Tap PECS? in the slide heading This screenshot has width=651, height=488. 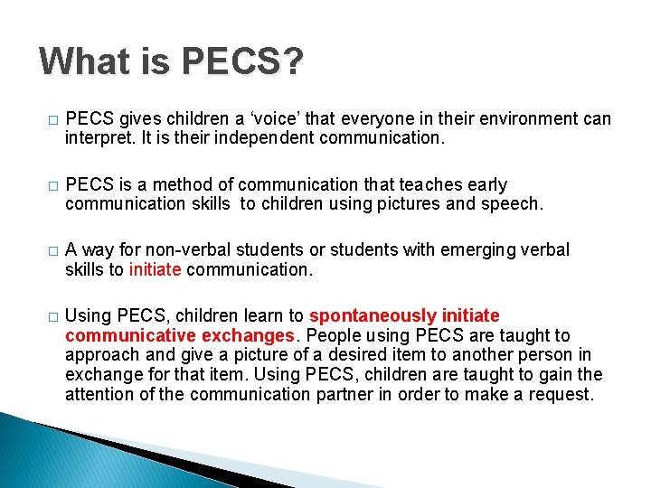click(242, 61)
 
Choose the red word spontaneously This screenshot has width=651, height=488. click(373, 315)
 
